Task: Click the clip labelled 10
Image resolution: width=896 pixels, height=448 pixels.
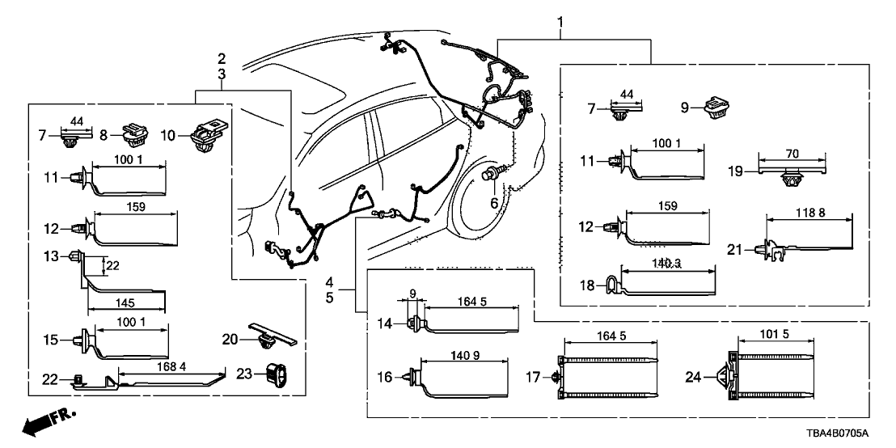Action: (208, 136)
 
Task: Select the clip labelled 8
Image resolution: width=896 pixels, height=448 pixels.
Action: (133, 132)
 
